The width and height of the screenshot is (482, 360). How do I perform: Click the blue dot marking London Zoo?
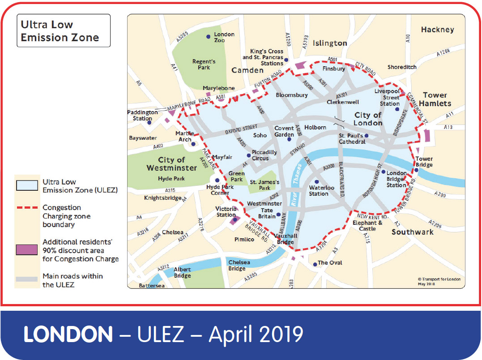(x=208, y=37)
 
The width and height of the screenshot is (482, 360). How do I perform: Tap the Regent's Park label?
(x=204, y=65)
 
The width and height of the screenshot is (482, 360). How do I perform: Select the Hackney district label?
(x=437, y=30)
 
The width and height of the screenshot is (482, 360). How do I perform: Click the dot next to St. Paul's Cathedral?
(x=367, y=136)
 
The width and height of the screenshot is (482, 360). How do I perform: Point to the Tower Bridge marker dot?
(x=416, y=170)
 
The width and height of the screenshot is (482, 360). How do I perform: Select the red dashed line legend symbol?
(x=28, y=208)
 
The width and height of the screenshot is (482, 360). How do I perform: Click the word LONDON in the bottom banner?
(x=68, y=334)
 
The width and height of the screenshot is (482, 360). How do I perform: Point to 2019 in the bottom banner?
(x=277, y=334)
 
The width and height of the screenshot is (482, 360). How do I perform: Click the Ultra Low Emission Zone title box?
(x=63, y=31)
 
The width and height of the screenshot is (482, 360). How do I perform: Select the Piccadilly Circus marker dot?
(x=249, y=155)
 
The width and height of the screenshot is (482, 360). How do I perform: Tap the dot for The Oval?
(x=315, y=264)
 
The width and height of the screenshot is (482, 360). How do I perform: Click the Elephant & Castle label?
(x=367, y=226)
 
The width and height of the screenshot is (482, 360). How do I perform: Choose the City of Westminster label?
(x=171, y=164)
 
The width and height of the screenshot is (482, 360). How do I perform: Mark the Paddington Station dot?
(x=149, y=122)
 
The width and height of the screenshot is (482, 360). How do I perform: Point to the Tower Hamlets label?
(x=435, y=99)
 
